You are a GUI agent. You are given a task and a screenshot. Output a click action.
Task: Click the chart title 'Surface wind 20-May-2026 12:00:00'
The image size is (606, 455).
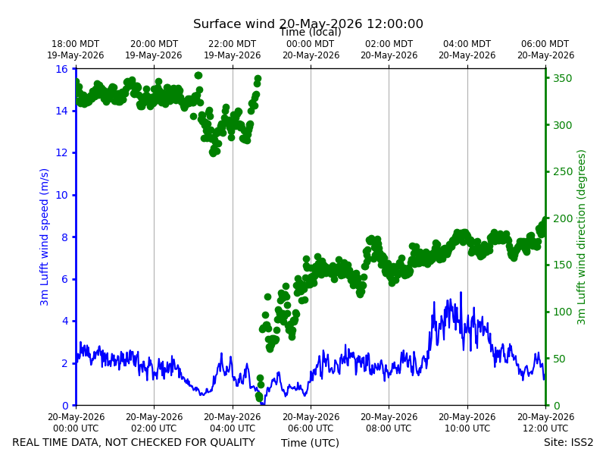click(308, 24)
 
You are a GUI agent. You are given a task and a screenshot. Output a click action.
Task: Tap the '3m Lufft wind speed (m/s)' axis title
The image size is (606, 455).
click(45, 237)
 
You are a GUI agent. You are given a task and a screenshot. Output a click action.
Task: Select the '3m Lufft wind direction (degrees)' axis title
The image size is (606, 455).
click(581, 237)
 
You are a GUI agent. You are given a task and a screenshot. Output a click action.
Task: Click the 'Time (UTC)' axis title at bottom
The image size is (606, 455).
click(310, 443)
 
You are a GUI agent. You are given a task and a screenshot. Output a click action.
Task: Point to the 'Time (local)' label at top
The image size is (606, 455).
click(311, 32)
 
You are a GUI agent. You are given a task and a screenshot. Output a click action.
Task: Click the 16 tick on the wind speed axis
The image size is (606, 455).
click(62, 69)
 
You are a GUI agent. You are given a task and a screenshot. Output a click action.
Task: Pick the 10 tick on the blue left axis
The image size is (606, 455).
click(62, 195)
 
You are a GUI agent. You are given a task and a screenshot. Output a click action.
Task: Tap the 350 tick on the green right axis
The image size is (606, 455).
click(562, 78)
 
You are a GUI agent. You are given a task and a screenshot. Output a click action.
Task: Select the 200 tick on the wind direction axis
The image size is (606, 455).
click(562, 218)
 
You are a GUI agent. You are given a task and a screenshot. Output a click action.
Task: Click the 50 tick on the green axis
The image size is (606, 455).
click(559, 359)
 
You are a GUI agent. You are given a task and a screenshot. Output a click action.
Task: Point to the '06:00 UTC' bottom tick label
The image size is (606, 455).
click(311, 428)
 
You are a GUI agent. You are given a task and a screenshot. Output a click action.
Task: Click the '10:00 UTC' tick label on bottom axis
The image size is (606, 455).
click(467, 428)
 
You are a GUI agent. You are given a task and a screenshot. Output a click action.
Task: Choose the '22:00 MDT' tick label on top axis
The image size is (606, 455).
click(233, 44)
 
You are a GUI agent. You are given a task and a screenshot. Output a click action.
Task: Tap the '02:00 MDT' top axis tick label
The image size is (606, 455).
click(389, 44)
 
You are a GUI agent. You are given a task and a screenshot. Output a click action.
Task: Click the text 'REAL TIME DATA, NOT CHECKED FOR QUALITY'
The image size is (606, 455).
click(134, 442)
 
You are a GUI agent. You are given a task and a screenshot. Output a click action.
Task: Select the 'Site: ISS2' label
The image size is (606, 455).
click(568, 442)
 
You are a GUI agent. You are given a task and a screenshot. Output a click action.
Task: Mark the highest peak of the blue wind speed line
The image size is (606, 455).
click(461, 292)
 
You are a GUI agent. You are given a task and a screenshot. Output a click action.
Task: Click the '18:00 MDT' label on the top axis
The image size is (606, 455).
click(75, 44)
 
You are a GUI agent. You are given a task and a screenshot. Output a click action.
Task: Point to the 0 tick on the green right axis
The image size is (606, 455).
click(556, 406)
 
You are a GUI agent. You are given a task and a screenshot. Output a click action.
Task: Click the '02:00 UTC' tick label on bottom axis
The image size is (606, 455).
click(154, 428)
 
